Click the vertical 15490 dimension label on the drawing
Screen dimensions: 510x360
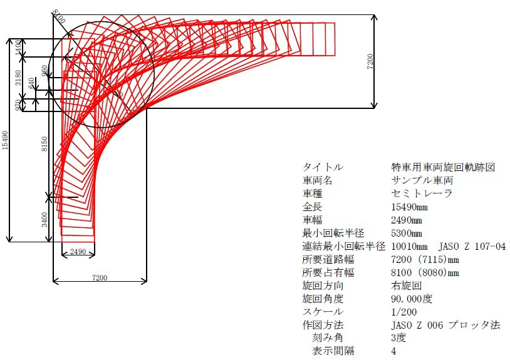tap(5, 140)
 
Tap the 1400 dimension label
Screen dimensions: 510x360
tap(19, 48)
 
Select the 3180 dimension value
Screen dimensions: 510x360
tap(19, 78)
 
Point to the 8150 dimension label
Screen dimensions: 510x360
tap(44, 143)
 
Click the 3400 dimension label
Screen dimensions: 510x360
tap(44, 219)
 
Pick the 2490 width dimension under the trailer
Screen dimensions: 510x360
tap(78, 251)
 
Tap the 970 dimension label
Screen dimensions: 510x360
tap(19, 105)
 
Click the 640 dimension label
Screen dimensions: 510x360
tap(31, 83)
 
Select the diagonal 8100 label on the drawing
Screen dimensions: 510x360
tap(58, 16)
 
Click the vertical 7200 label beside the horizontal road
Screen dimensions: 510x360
tap(370, 61)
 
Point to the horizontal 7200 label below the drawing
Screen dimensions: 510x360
tap(100, 277)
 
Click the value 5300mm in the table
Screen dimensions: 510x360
tap(407, 234)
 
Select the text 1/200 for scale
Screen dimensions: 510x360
tap(404, 312)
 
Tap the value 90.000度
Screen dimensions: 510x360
tap(412, 299)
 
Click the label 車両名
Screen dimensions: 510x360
tap(318, 180)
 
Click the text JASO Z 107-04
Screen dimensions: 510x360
tap(472, 246)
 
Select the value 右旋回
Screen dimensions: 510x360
tap(407, 285)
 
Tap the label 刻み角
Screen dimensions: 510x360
tap(328, 338)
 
